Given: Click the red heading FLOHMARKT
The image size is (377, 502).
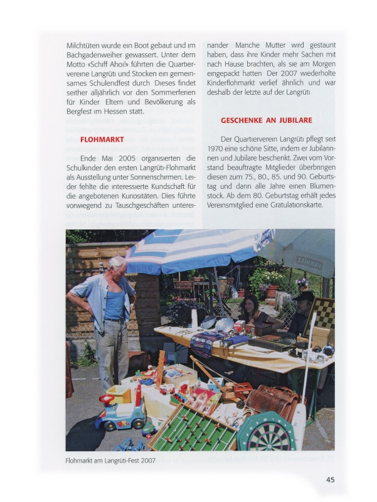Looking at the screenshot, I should (x=102, y=139).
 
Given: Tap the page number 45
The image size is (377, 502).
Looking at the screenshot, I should (x=330, y=479).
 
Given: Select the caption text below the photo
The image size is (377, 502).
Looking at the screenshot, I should (x=110, y=460).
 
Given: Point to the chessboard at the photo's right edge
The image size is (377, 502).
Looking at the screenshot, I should (x=324, y=314).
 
